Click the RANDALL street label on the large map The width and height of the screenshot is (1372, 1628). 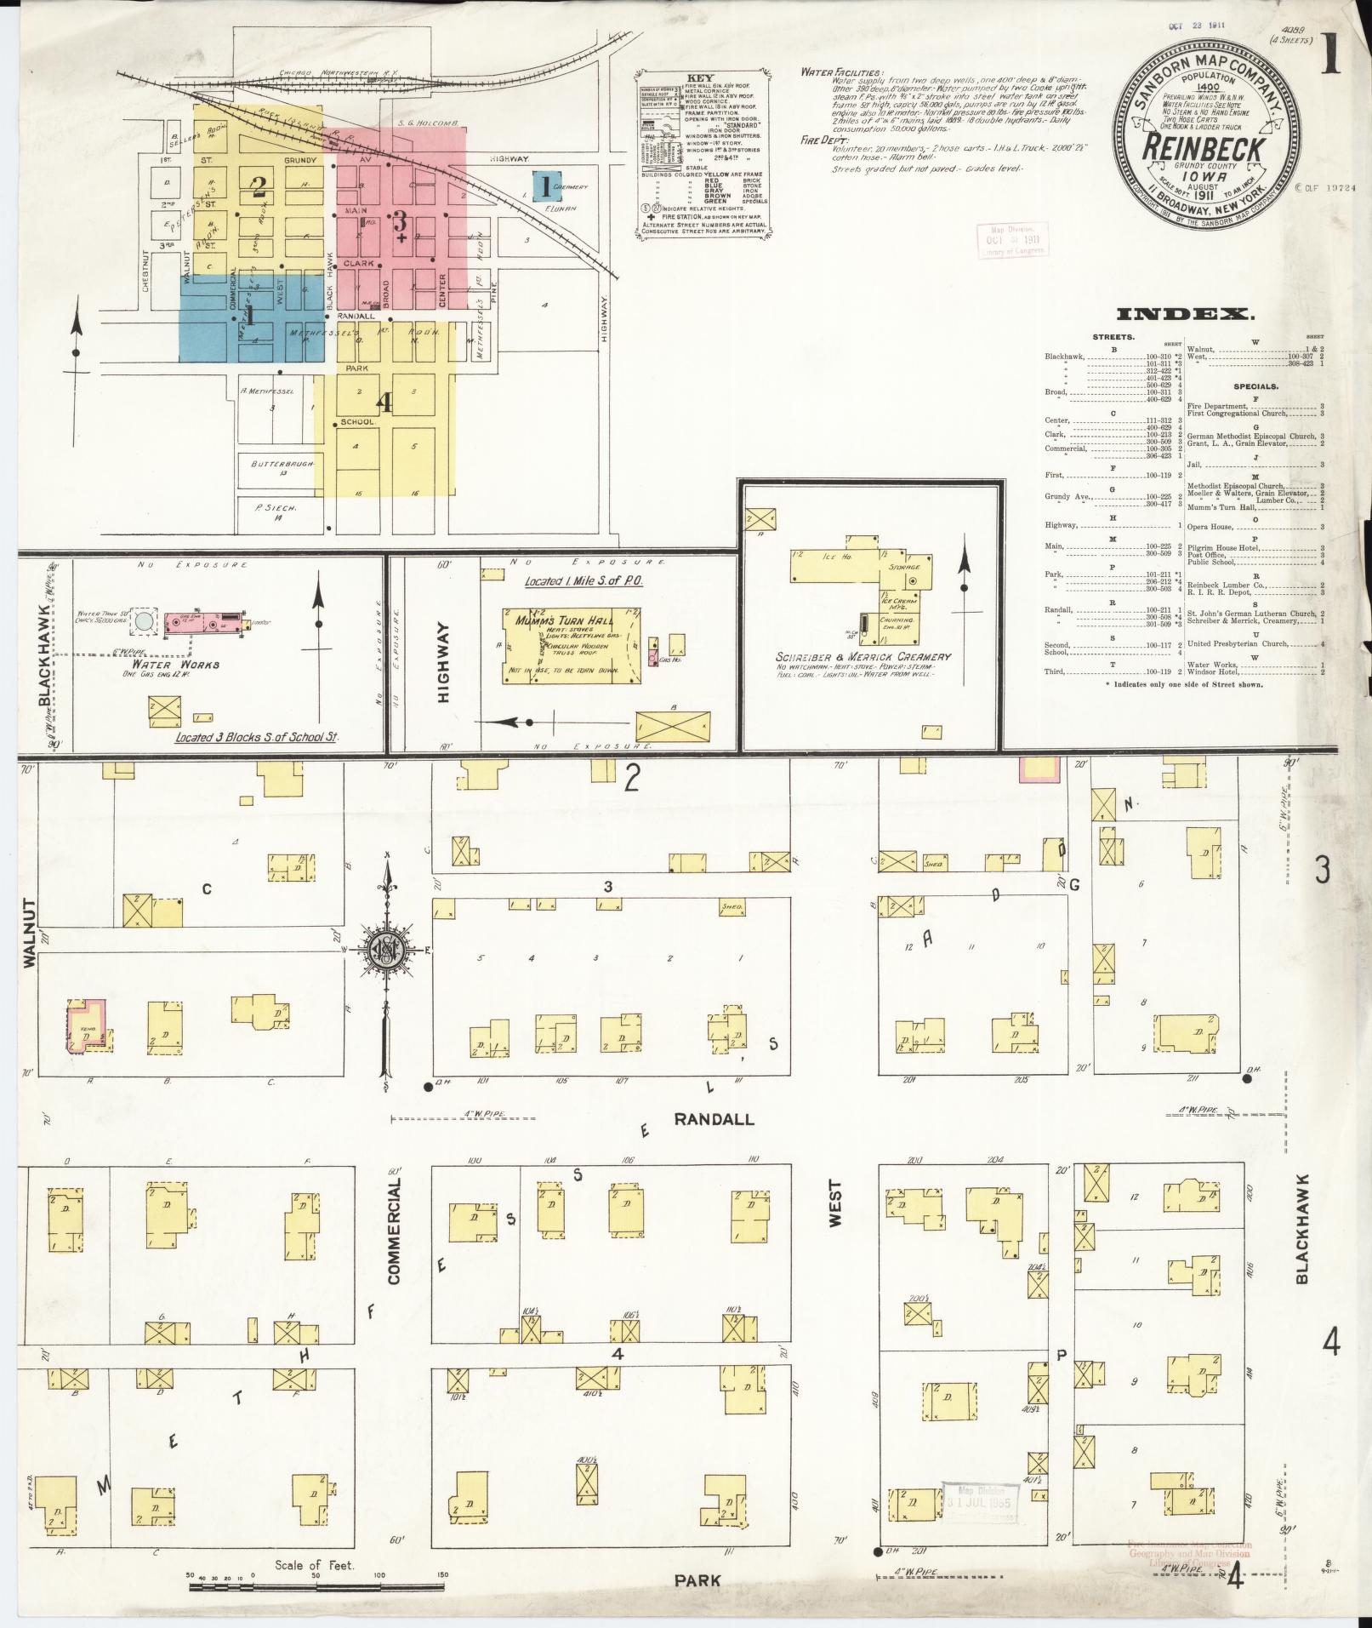tap(714, 1119)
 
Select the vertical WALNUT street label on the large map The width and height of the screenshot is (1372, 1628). tap(31, 933)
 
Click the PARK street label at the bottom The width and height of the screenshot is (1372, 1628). tap(697, 1580)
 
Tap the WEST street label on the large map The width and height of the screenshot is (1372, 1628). tap(834, 1203)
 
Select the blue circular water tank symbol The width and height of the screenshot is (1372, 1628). tap(145, 620)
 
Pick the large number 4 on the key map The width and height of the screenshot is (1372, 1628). tap(384, 404)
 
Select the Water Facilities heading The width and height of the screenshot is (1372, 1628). tap(841, 72)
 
